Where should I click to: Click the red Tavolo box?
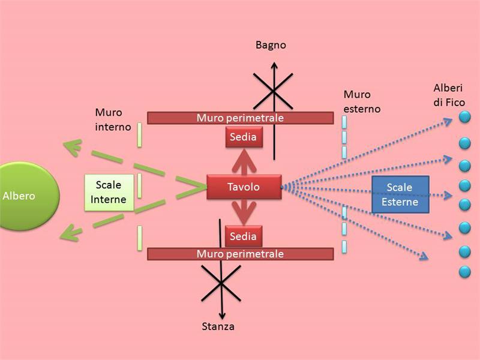pos(244,187)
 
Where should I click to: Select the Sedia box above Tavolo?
pos(243,137)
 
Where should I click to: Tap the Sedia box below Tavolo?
pos(243,236)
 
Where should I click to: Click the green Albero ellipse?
pos(24,196)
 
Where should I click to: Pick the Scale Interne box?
pos(109,192)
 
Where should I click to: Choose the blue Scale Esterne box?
pos(400,194)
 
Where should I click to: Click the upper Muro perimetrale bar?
pos(240,118)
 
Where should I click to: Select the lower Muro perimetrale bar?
pos(240,254)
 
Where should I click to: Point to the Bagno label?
pos(271,45)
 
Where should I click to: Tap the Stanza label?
pos(218,326)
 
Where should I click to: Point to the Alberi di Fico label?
pos(449,95)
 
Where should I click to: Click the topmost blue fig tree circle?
pos(464,118)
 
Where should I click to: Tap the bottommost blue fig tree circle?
pos(464,272)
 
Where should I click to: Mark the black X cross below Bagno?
pos(272,91)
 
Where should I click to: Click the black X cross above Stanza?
pos(221,281)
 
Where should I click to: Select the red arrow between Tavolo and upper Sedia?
pos(243,161)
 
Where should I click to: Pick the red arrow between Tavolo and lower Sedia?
pos(243,212)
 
